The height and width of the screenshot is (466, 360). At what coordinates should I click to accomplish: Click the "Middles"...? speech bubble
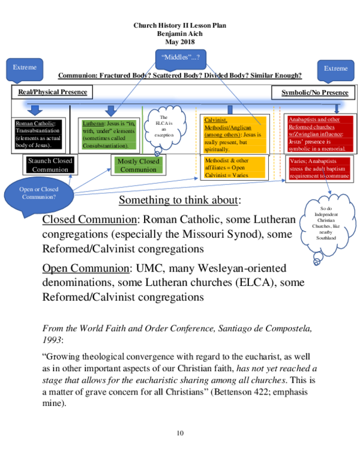click(x=181, y=58)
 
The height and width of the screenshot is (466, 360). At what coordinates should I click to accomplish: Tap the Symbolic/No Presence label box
click(x=314, y=92)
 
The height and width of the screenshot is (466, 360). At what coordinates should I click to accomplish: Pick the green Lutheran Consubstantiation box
click(x=110, y=133)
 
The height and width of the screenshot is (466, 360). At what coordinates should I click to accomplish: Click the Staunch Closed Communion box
click(x=50, y=165)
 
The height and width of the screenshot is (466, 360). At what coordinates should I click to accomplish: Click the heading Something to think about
click(x=180, y=200)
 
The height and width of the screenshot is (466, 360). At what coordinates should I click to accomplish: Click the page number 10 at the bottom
click(x=180, y=433)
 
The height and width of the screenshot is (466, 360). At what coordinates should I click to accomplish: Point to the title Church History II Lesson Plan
click(x=180, y=26)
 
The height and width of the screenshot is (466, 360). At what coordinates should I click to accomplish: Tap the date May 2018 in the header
click(x=180, y=41)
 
